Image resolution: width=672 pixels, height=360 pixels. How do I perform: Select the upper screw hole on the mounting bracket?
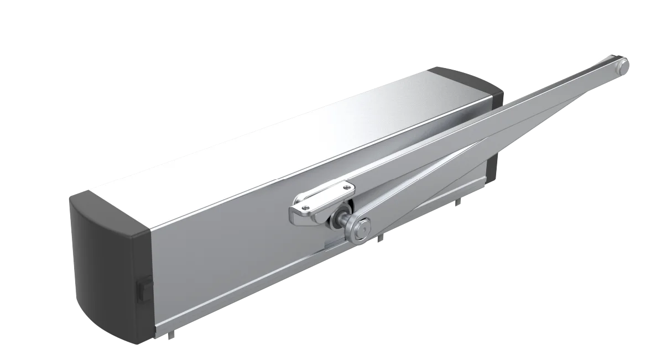pyautogui.click(x=347, y=189)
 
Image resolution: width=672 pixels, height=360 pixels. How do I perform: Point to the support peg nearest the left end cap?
pyautogui.click(x=172, y=335)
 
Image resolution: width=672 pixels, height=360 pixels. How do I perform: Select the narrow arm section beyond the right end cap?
pyautogui.click(x=564, y=91)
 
